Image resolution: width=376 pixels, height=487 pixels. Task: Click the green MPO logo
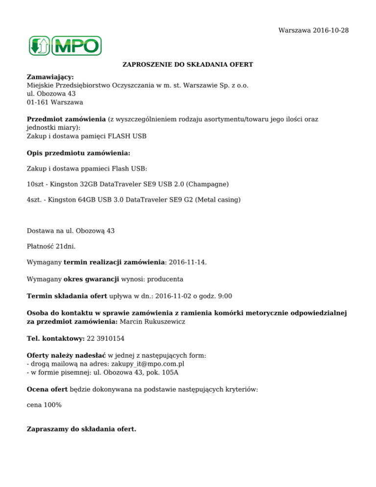coord(64,46)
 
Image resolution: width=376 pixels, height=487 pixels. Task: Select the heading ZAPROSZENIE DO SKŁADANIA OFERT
coord(188,64)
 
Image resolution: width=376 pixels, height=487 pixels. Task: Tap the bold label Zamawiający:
coord(50,77)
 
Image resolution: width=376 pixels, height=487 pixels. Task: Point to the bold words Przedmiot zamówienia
coord(67,119)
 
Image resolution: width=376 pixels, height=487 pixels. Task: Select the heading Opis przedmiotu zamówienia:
coord(78,153)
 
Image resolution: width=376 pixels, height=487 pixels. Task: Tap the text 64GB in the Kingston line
coord(84,200)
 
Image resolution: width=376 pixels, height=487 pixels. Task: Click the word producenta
coord(166,279)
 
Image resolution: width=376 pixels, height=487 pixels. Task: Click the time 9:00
coord(224,295)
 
